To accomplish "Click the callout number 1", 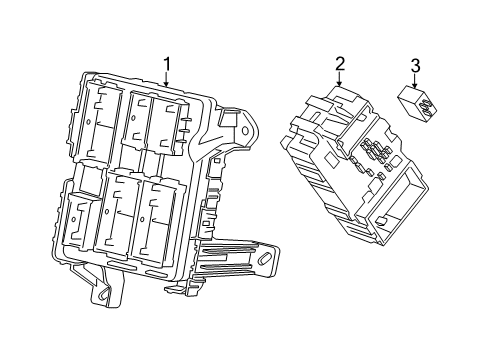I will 167,64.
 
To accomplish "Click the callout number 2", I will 340,64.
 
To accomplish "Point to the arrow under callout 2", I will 340,79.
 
